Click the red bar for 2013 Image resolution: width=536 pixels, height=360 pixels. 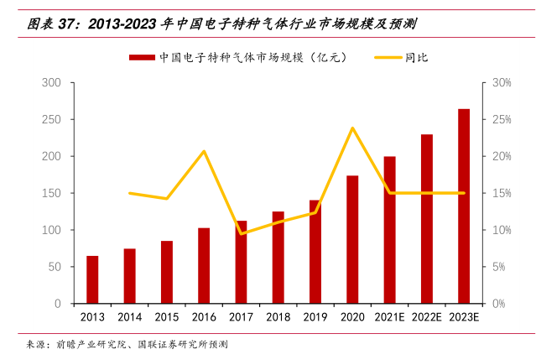coord(92,279)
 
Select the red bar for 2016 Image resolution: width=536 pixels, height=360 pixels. coord(204,265)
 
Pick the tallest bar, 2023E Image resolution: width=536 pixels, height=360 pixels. coord(464,206)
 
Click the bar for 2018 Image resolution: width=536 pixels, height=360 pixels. coord(278,257)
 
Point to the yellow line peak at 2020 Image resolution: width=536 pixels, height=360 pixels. coord(352,128)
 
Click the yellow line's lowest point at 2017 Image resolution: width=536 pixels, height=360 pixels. coord(242,233)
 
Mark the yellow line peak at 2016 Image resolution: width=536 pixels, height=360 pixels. coord(204,151)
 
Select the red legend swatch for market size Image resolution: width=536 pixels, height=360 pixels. coord(140,57)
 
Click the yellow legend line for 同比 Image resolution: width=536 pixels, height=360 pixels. coord(387,57)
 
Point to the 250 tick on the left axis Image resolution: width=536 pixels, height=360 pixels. coord(52,120)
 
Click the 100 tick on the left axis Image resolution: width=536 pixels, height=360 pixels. coord(52,230)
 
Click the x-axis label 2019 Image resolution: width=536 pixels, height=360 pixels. coord(315,317)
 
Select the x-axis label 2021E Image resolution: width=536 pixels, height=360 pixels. coord(389,317)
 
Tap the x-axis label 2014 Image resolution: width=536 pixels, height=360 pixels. coord(129,317)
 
